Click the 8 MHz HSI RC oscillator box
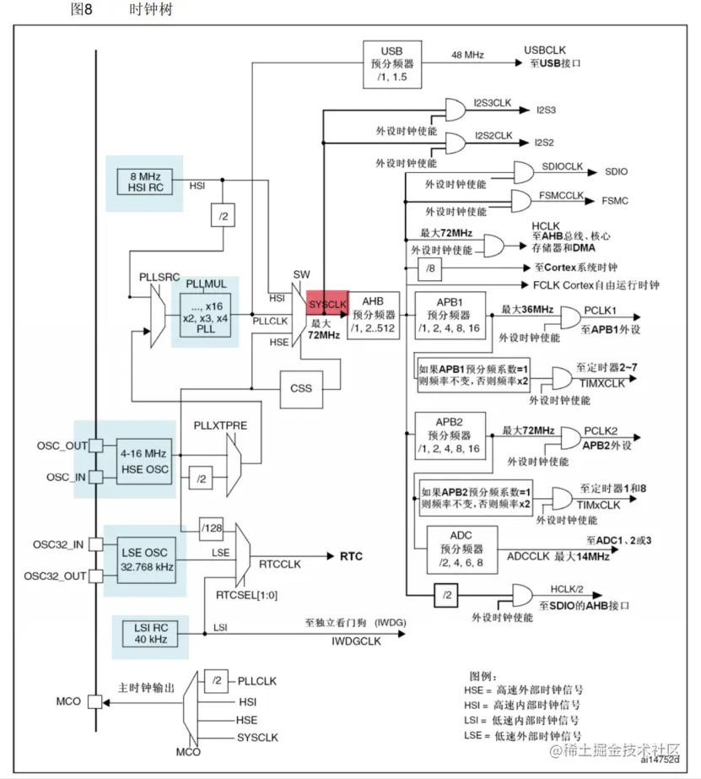(145, 182)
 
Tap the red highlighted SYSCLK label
(327, 303)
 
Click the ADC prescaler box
(462, 549)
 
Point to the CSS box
(300, 388)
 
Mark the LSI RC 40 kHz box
(145, 633)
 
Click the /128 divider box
(212, 528)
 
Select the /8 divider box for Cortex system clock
(430, 268)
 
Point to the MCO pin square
(95, 701)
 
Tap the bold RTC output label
(351, 556)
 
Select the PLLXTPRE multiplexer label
(220, 425)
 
